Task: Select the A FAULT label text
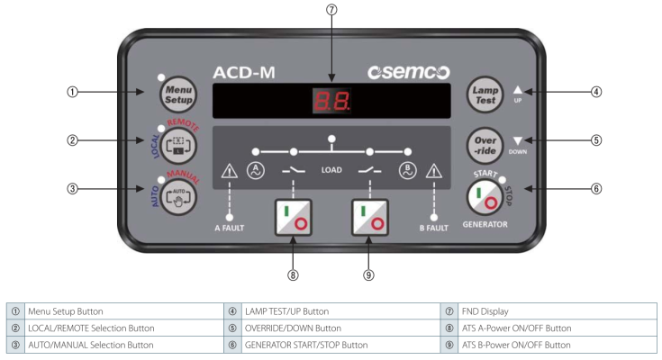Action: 229,228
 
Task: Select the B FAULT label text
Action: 433,228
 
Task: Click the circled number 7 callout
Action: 331,10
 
